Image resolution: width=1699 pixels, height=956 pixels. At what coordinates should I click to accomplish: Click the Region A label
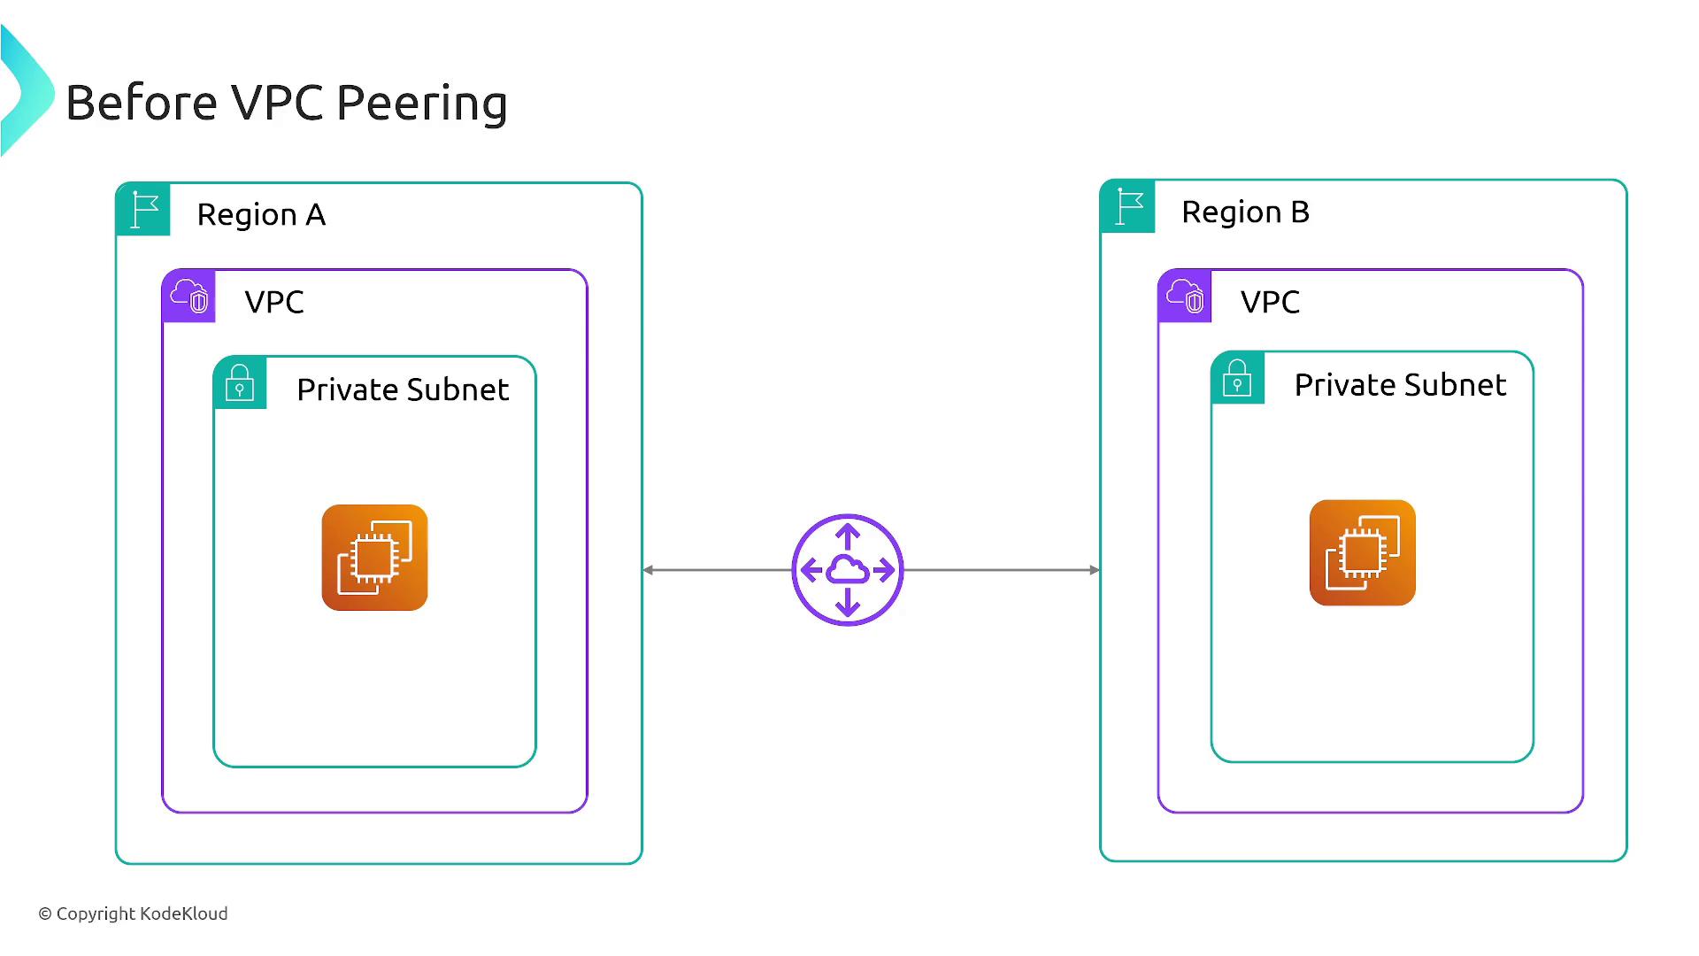click(x=261, y=215)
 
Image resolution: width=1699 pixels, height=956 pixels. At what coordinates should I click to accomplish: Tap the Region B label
click(x=1245, y=212)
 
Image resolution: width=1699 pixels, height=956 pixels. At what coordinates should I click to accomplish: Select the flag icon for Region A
click(x=143, y=210)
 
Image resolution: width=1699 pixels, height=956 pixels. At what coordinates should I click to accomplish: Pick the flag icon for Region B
click(x=1128, y=207)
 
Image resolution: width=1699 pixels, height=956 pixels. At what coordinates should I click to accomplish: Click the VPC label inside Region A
click(x=274, y=303)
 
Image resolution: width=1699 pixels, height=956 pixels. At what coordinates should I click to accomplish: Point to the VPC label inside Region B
click(x=1270, y=303)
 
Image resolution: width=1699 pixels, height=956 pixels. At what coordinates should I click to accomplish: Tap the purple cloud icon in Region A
click(x=189, y=296)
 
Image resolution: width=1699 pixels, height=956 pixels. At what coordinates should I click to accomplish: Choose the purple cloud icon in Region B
click(x=1185, y=296)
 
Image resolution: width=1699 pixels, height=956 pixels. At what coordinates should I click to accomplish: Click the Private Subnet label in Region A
click(x=403, y=390)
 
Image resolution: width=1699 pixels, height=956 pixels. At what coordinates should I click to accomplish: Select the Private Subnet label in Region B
click(x=1400, y=386)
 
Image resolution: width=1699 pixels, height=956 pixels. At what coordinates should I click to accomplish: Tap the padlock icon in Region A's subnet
click(x=240, y=382)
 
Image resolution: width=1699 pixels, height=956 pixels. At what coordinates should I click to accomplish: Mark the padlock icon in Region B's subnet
click(x=1237, y=378)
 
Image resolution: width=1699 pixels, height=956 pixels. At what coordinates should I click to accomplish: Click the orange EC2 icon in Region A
click(x=374, y=558)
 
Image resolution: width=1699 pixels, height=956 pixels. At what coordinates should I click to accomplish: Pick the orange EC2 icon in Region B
click(x=1363, y=553)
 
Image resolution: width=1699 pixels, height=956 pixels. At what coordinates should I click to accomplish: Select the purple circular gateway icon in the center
click(x=848, y=570)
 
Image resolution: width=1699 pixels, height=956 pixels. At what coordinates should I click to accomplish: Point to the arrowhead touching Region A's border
click(x=649, y=570)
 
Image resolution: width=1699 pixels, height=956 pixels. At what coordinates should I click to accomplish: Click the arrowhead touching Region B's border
click(x=1095, y=570)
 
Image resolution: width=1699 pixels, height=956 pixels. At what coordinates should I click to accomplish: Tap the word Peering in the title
click(x=422, y=104)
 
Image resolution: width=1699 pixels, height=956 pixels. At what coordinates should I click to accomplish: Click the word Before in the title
click(x=142, y=103)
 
